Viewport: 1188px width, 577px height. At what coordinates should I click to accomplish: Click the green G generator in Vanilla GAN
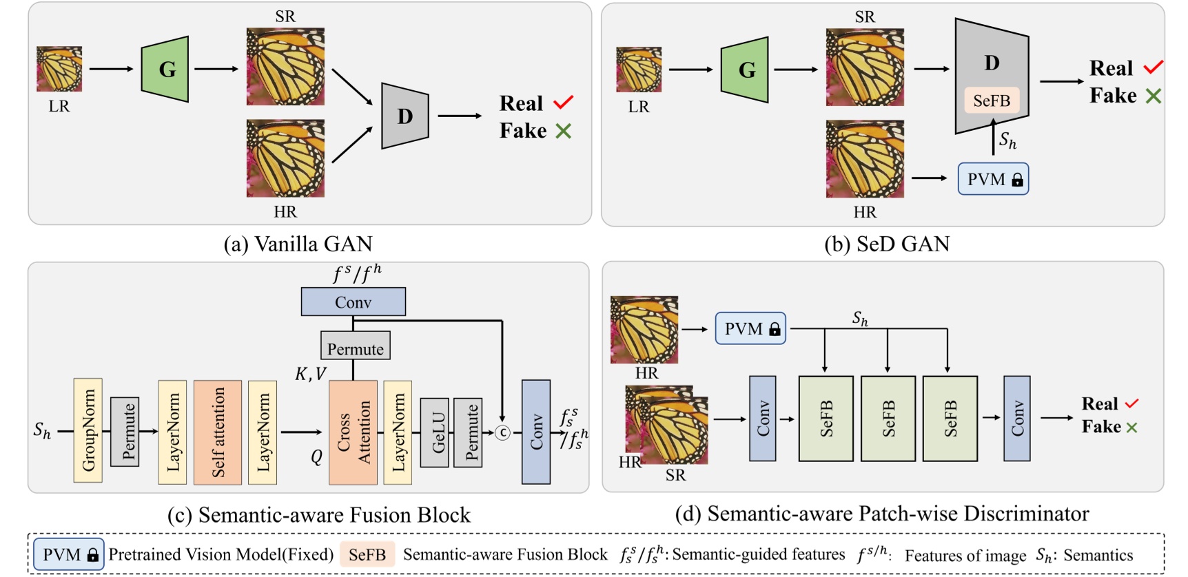coord(165,70)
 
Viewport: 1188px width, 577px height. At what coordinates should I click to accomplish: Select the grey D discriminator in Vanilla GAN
coord(404,116)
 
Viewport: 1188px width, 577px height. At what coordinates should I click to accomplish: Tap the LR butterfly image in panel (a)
coord(59,69)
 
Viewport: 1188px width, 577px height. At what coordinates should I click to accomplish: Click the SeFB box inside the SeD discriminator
coord(992,101)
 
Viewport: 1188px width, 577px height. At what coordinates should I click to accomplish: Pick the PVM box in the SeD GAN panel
coord(993,179)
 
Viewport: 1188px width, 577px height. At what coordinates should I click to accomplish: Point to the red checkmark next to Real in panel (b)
coord(1153,67)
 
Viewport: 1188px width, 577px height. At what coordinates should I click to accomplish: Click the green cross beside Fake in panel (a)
coord(563,131)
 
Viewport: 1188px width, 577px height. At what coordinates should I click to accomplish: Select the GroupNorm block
coord(88,430)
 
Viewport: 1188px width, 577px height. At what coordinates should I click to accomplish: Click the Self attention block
coord(218,432)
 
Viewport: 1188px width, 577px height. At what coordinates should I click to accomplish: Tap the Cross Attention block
coord(353,432)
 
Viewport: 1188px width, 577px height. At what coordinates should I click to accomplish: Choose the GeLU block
coord(434,432)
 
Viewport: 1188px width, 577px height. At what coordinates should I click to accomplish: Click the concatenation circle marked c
coord(503,432)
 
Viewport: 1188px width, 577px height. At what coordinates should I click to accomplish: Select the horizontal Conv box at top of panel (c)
coord(353,302)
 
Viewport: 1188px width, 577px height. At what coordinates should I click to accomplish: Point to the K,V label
coord(311,374)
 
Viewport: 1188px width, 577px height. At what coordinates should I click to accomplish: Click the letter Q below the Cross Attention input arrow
coord(316,457)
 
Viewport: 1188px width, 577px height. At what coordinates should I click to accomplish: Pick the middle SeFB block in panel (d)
coord(888,418)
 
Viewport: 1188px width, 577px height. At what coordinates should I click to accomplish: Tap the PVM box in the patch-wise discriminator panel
coord(750,328)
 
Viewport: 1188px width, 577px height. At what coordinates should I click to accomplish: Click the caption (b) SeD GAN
coord(887,244)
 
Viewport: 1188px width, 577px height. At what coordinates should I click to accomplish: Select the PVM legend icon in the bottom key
coord(69,554)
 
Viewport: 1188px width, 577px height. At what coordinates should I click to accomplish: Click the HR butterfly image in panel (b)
coord(865,159)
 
